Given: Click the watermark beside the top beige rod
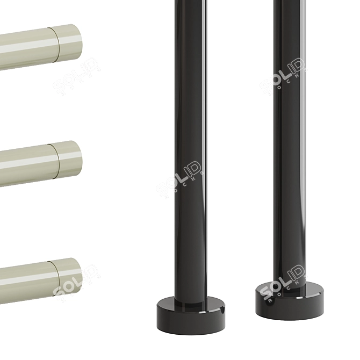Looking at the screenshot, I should click(77, 76).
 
